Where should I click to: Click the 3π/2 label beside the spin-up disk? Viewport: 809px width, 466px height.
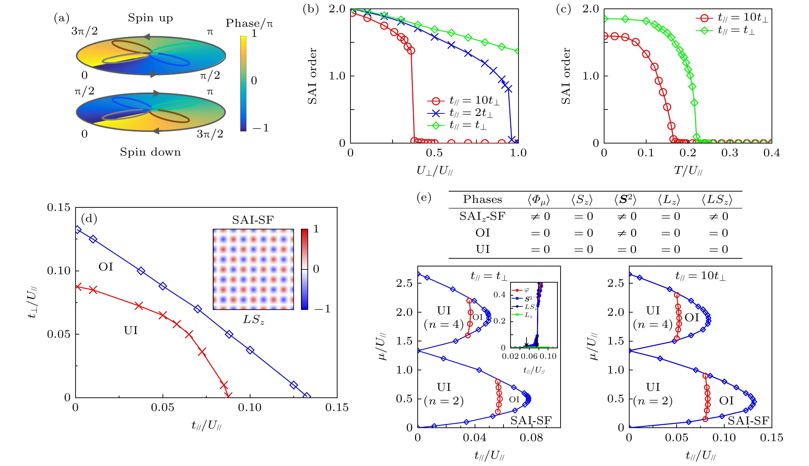click(84, 31)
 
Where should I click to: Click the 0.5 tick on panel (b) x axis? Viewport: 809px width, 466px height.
click(434, 153)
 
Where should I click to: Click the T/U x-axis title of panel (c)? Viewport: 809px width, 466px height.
click(688, 171)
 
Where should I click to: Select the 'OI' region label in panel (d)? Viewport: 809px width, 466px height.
click(106, 267)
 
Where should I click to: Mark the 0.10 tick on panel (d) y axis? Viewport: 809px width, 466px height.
click(58, 271)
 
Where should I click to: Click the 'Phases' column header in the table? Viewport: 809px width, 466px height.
click(482, 199)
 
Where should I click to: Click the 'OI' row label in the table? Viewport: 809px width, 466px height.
click(482, 233)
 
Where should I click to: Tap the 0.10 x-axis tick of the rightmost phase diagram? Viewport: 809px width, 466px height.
click(724, 437)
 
